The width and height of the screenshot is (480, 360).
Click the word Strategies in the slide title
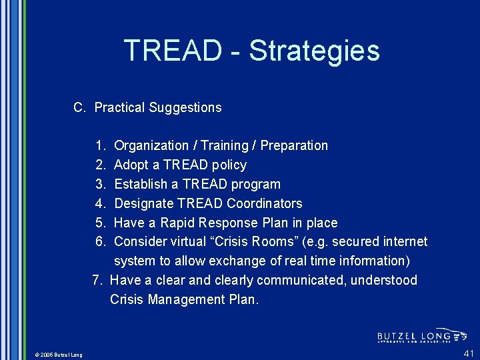[314, 51]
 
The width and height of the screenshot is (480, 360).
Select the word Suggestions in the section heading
[185, 107]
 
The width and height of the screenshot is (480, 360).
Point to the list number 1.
[100, 145]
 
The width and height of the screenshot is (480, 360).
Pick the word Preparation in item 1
[294, 145]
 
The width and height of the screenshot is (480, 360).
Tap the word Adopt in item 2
[131, 165]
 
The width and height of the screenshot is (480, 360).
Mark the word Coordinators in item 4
[264, 203]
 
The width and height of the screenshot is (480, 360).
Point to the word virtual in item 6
[188, 241]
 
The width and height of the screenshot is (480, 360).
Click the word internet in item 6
[404, 241]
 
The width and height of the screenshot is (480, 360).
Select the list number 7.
[97, 280]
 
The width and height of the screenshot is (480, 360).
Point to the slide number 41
[469, 353]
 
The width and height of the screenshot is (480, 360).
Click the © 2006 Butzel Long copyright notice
[58, 355]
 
